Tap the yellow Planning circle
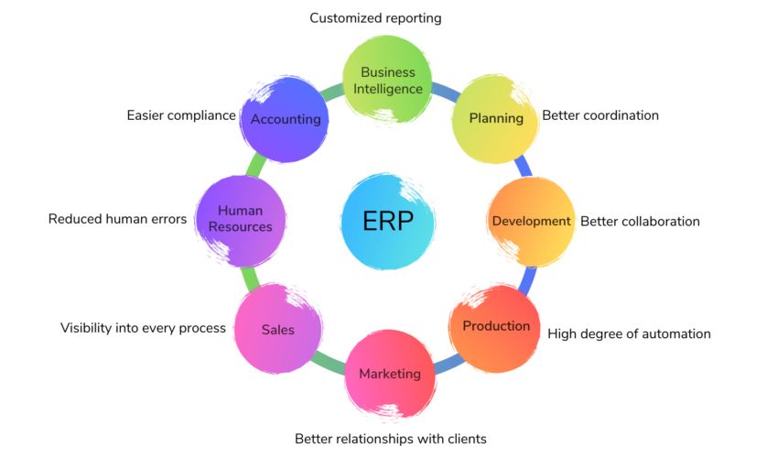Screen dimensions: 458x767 point(496,118)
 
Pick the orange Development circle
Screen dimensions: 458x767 point(531,222)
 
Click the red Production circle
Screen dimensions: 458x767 point(495,327)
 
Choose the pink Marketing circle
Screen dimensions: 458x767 point(390,374)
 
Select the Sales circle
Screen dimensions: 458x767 point(278,329)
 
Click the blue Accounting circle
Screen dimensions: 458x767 point(285,119)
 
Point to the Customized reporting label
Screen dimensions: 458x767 point(374,17)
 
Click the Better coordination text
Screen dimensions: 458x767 point(600,115)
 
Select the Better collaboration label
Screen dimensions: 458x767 point(640,222)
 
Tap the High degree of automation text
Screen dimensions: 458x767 point(629,334)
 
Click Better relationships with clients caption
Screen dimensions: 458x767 point(390,439)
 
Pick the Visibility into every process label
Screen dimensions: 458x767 point(143,328)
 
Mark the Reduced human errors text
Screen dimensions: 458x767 point(117,219)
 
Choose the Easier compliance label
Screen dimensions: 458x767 point(181,115)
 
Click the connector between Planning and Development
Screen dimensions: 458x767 point(523,168)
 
